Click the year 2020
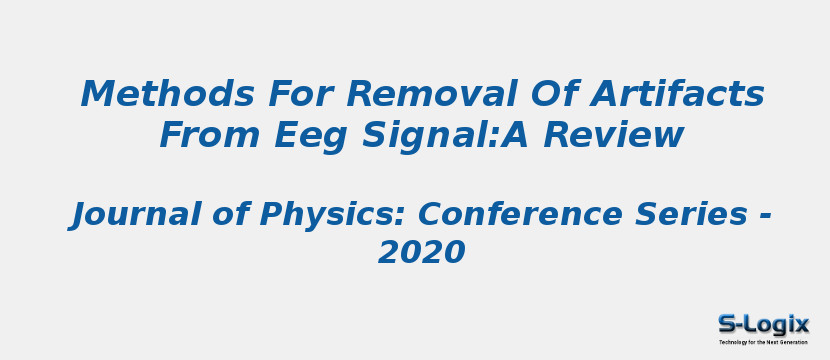(421, 253)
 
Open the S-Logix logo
(763, 328)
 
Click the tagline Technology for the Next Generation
(763, 342)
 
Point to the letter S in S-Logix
(727, 324)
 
